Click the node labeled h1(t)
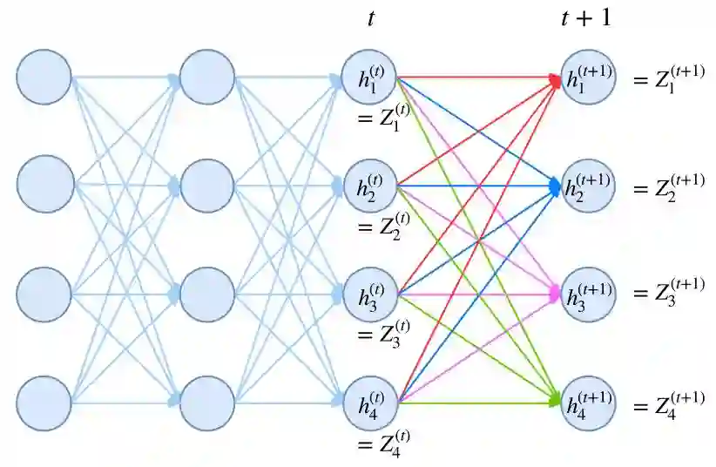click(370, 77)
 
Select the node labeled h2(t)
click(370, 186)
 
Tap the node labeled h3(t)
click(370, 294)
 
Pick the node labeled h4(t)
click(370, 403)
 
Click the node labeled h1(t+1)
click(589, 77)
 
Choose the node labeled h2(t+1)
click(589, 186)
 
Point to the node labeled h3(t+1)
click(589, 294)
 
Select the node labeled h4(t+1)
click(589, 403)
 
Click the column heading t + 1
click(584, 17)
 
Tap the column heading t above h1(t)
click(371, 18)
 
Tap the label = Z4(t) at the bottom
click(383, 445)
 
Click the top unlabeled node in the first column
click(44, 77)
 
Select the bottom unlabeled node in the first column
click(44, 403)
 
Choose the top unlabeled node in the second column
click(207, 77)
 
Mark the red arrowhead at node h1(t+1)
click(555, 79)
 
